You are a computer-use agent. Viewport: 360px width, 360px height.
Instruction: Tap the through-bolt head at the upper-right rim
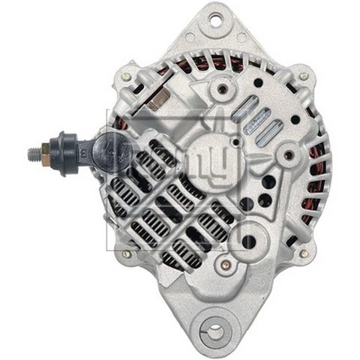tap(303, 76)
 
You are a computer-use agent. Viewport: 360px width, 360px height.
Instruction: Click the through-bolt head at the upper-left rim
tap(125, 76)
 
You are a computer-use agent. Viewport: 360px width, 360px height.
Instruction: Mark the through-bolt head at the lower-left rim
tap(125, 254)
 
